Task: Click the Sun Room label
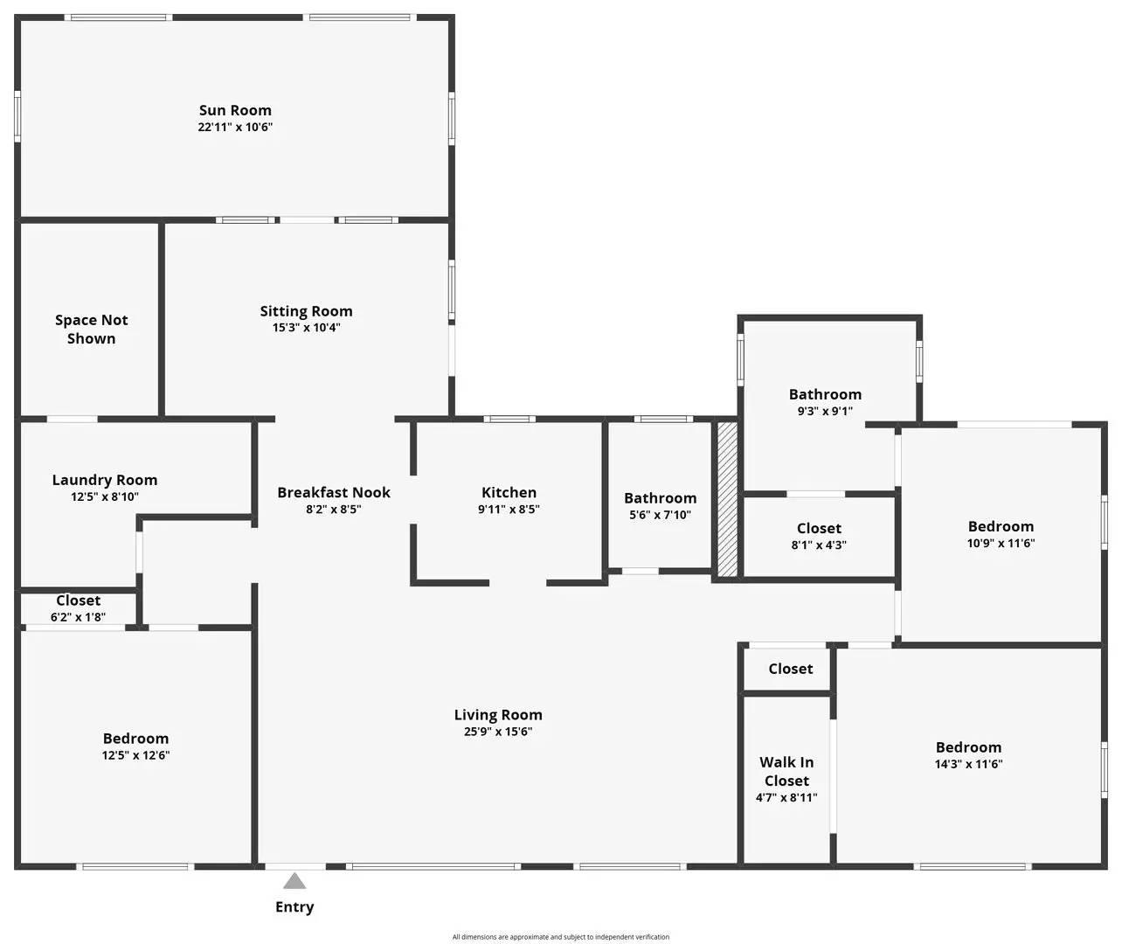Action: tap(235, 110)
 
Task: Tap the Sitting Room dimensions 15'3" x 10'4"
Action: tap(307, 328)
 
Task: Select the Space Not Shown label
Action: tap(92, 329)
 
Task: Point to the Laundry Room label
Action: tap(105, 480)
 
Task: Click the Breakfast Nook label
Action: tap(334, 492)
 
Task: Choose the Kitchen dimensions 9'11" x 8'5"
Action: tap(509, 509)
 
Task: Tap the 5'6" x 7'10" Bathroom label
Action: tap(661, 498)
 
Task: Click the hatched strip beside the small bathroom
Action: tap(728, 499)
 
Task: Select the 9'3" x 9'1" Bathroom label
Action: tap(826, 394)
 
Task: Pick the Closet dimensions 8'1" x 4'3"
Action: tap(819, 545)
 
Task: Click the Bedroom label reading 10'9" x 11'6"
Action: tap(1001, 526)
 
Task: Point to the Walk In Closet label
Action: tap(786, 772)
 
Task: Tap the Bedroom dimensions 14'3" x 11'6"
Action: tap(968, 764)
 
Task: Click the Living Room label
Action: tap(498, 715)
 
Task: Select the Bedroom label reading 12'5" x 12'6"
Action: tap(136, 738)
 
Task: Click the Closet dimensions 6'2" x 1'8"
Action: tap(78, 617)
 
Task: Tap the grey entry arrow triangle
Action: tap(294, 881)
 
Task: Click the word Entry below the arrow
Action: tap(294, 907)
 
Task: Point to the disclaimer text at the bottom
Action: tap(560, 937)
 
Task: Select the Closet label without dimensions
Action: tap(791, 669)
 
